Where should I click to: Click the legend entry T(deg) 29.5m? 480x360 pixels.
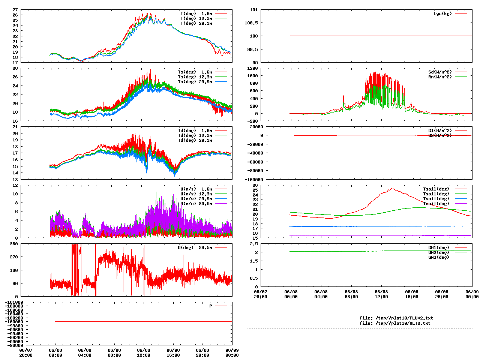196,23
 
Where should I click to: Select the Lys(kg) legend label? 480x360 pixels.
442,13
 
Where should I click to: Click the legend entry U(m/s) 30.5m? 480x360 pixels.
196,204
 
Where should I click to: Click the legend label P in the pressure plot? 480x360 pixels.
211,306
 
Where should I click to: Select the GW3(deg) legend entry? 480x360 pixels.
438,257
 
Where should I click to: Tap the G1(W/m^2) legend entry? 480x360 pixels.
440,130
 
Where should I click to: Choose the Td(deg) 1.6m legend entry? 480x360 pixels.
195,130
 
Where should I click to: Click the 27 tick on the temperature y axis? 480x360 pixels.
15,10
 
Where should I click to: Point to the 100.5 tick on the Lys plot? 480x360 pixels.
251,23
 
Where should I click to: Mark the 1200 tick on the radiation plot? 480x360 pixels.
252,68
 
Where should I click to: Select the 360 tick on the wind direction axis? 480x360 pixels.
14,244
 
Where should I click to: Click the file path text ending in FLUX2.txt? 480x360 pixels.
396,318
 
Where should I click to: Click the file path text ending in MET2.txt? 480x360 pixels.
395,323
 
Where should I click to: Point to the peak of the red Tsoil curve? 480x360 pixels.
392,188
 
